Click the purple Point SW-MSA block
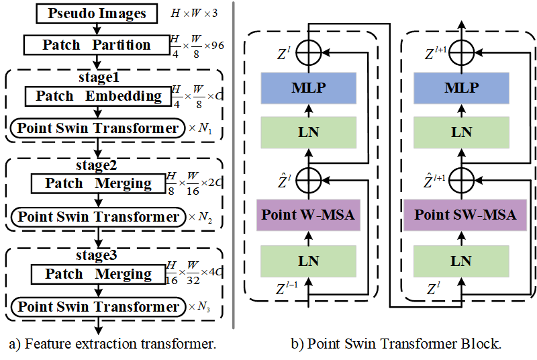(461, 215)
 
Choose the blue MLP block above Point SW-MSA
(461, 88)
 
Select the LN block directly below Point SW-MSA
(461, 261)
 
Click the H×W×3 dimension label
(193, 13)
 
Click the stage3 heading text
(98, 255)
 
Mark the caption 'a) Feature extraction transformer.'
(112, 345)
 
